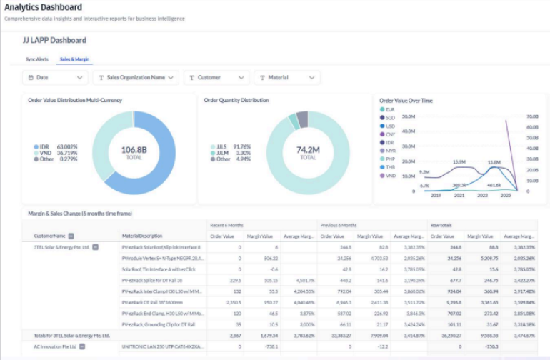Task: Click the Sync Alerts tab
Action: (x=36, y=59)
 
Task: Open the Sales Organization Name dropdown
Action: (x=136, y=77)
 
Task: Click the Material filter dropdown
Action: (x=287, y=77)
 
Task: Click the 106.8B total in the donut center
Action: (x=134, y=150)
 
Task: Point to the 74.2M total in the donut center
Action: (x=308, y=150)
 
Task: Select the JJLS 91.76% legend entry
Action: (x=231, y=146)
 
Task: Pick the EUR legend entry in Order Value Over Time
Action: (x=389, y=109)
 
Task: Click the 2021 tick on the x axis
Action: (x=459, y=195)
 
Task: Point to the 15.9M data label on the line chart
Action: (x=459, y=161)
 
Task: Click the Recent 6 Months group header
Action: (x=226, y=224)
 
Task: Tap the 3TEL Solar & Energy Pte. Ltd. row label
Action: (x=60, y=247)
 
